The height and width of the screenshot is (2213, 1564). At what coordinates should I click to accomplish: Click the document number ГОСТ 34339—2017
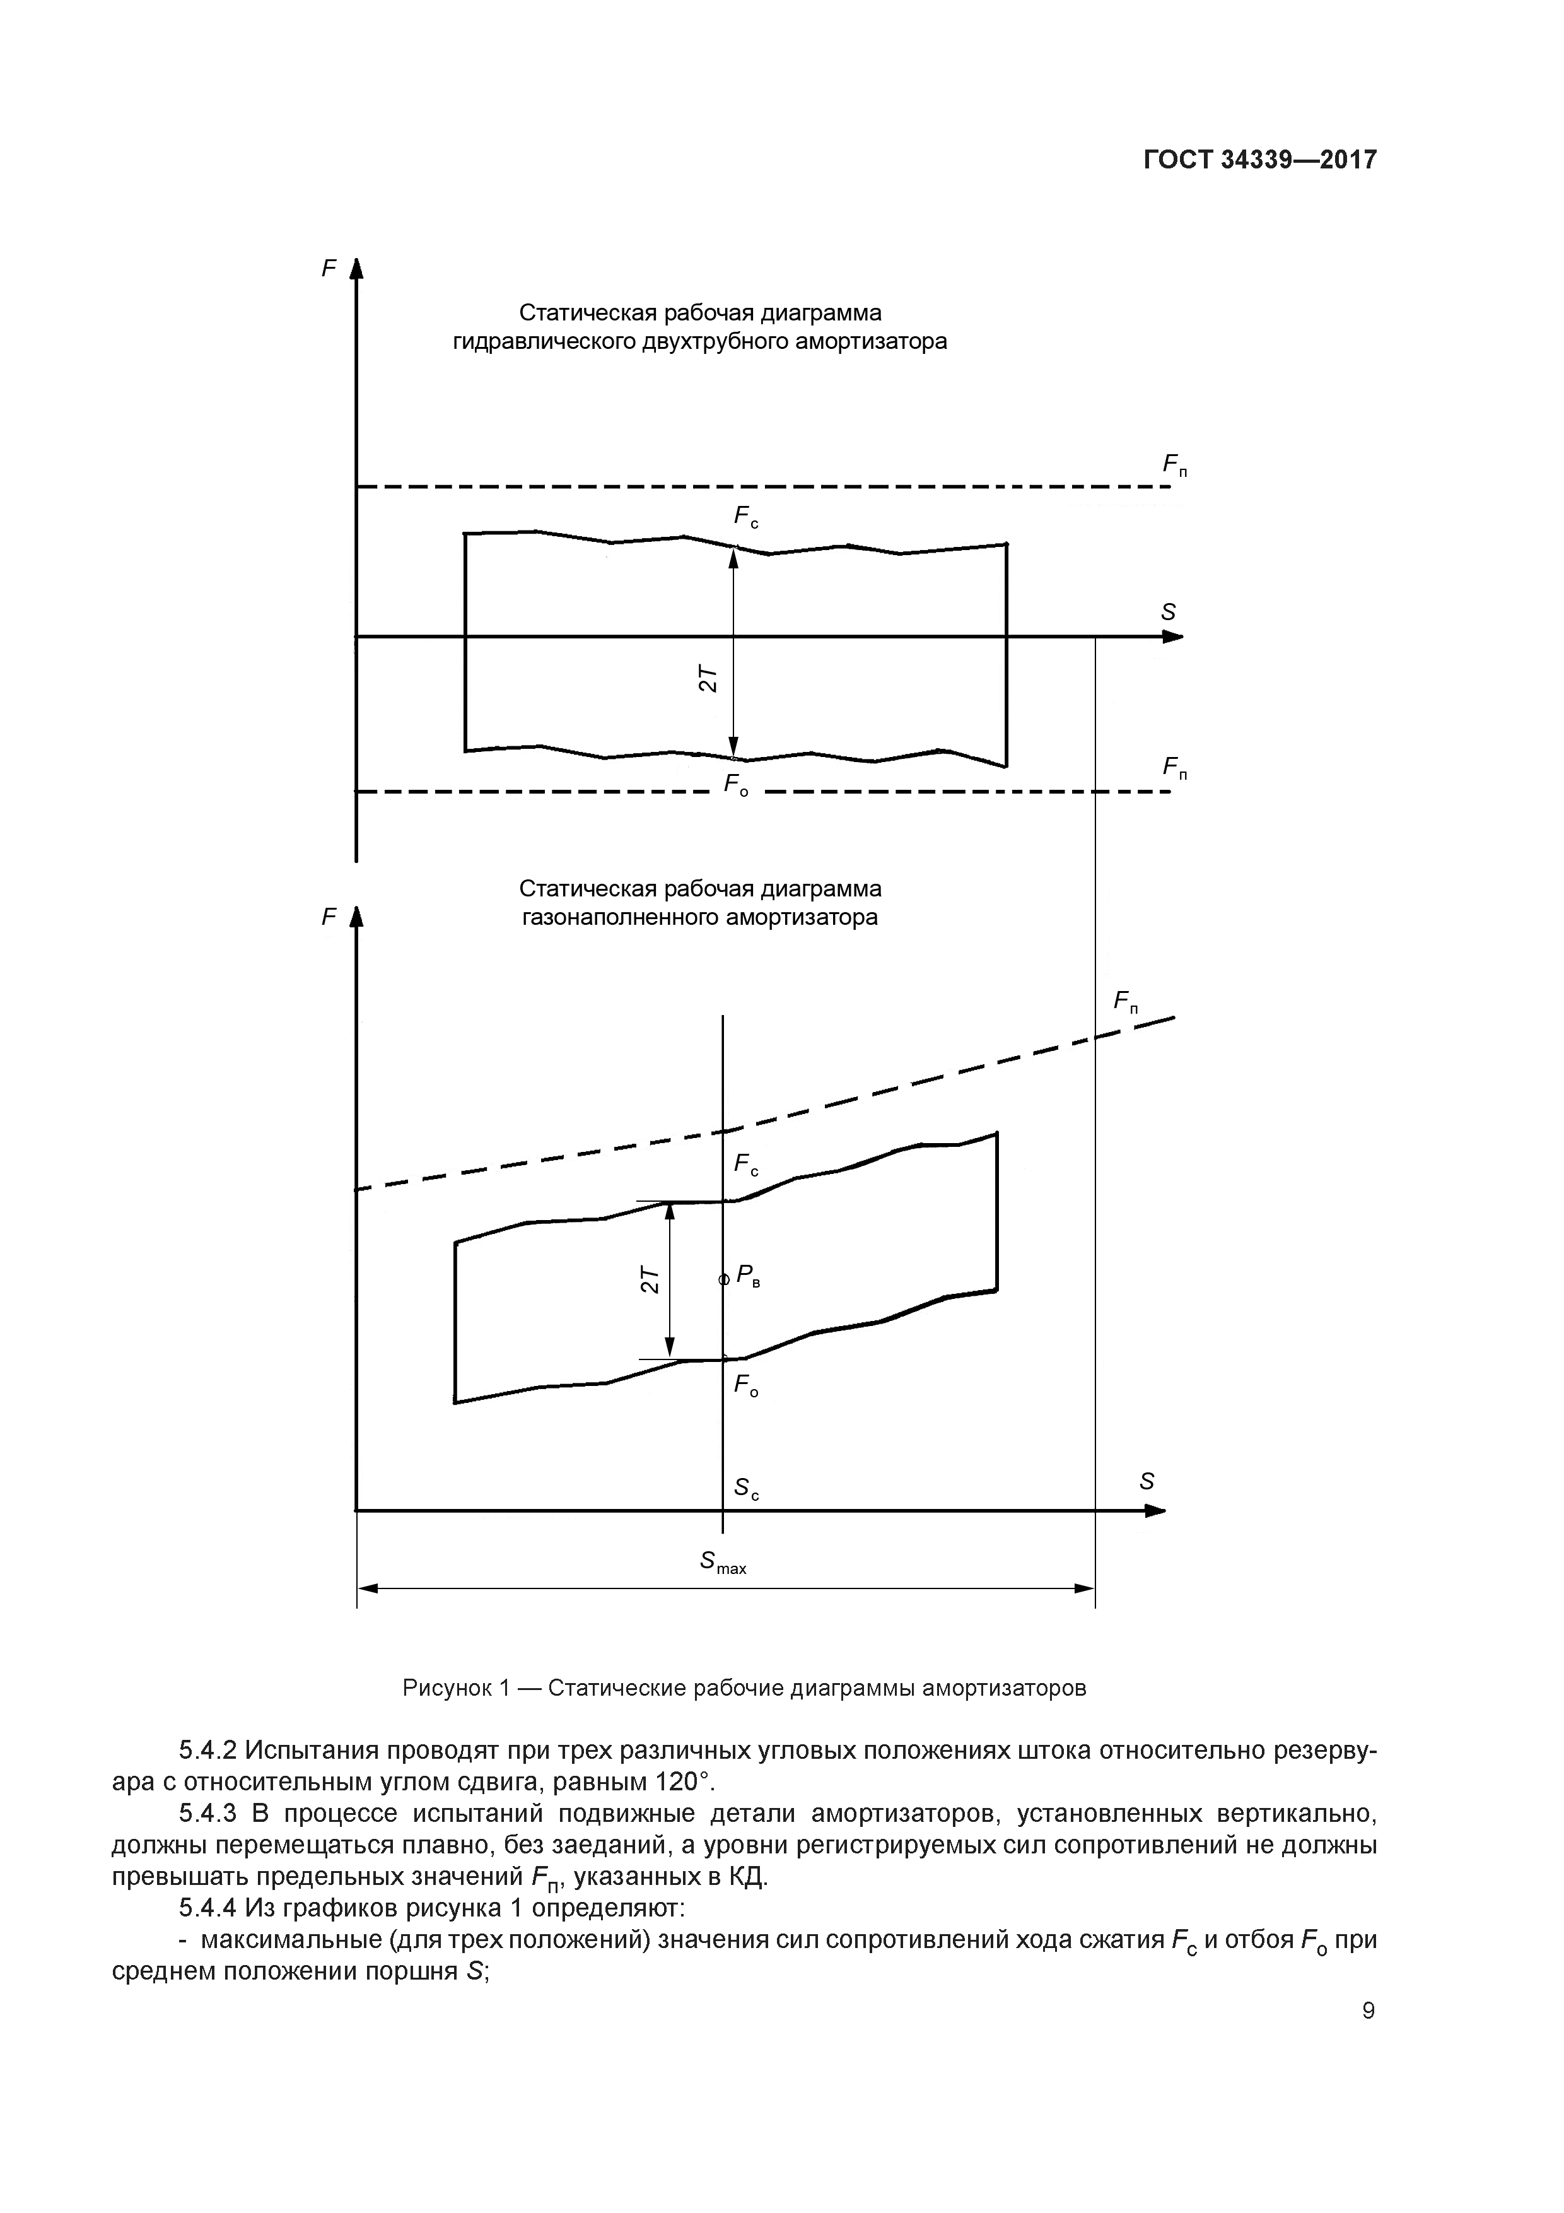tap(1259, 160)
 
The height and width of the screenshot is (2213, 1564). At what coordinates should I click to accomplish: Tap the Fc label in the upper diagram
tap(746, 517)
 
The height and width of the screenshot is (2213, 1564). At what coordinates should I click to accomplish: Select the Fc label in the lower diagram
tap(746, 1165)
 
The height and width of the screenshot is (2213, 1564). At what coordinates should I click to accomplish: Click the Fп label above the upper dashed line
tap(1175, 466)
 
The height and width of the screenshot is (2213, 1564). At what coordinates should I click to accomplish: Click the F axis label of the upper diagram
tap(329, 268)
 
